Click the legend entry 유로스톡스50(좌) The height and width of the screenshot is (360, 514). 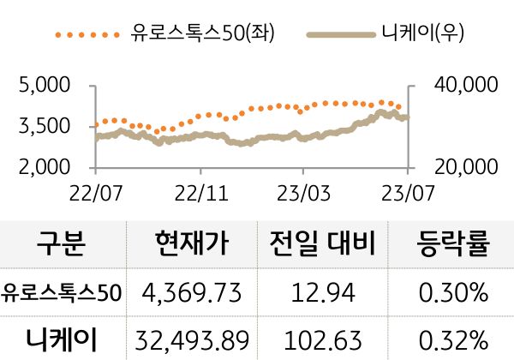pos(206,34)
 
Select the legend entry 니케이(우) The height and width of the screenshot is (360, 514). pos(421,34)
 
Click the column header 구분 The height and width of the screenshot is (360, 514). pos(62,246)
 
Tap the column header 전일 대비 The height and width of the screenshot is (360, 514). pos(323,246)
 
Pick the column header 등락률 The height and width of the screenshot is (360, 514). pos(453,246)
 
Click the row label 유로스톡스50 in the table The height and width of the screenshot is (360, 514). pos(62,294)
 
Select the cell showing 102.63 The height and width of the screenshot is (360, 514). pos(323,340)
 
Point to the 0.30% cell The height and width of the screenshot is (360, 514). pos(453,294)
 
